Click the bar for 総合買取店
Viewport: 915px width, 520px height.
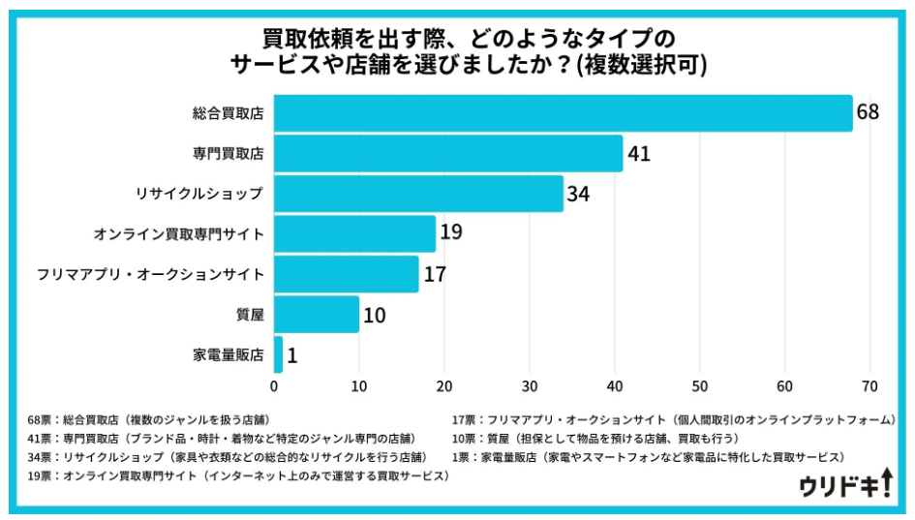[x=563, y=113]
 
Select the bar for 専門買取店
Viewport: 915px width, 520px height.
[x=448, y=154]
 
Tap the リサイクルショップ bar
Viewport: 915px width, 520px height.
[x=418, y=194]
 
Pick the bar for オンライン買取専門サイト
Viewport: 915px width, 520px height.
[x=355, y=233]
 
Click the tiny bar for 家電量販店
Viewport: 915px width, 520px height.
[x=279, y=355]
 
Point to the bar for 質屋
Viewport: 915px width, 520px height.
[x=317, y=315]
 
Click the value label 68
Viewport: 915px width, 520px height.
[x=868, y=113]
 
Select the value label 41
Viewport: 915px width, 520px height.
[x=638, y=154]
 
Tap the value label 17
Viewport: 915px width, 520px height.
[x=434, y=275]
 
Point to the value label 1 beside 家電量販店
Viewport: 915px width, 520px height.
[x=292, y=355]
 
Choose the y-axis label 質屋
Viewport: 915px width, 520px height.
[x=249, y=315]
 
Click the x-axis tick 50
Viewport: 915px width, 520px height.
[x=700, y=387]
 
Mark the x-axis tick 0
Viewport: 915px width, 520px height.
[x=275, y=387]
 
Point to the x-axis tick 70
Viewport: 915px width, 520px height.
[x=869, y=387]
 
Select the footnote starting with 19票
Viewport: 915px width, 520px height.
[x=238, y=476]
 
